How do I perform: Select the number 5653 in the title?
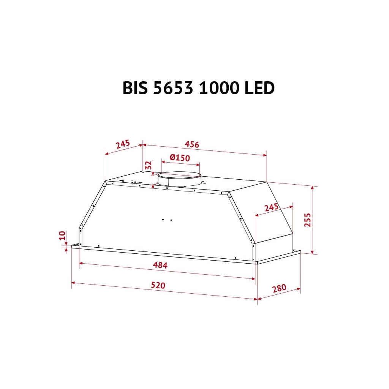coord(175,88)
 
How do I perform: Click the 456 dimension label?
coord(192,144)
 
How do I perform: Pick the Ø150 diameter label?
coord(180,158)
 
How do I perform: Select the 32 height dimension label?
coord(149,166)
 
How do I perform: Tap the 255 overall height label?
coord(307,220)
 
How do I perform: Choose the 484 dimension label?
coord(160,265)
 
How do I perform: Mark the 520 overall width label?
coord(158,285)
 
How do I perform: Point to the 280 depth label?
coord(279,288)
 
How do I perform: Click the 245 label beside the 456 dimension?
coord(123,144)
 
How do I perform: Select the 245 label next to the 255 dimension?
coord(272,208)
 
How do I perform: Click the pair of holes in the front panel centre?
coord(167,220)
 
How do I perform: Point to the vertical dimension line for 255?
coord(312,220)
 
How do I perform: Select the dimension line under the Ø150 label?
coord(180,163)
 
